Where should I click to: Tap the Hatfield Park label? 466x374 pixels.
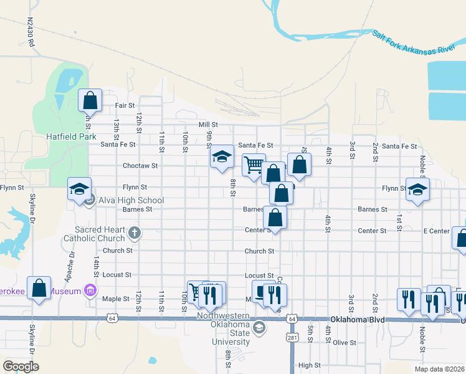pos(70,136)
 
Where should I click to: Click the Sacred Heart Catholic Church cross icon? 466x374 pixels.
pos(134,234)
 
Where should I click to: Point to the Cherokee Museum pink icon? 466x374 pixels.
pos(90,290)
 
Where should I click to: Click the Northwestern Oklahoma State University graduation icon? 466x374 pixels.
pos(259,328)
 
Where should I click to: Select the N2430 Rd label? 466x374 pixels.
pos(31,34)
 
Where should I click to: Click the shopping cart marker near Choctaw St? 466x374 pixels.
pos(254,165)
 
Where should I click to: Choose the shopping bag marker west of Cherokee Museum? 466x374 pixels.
pos(39,288)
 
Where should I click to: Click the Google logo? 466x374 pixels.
pos(21,367)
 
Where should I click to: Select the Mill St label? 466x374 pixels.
pos(207,125)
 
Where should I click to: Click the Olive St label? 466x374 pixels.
pos(344,342)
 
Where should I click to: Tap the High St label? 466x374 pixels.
pos(309,365)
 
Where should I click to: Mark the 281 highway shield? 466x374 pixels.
pos(292,337)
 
